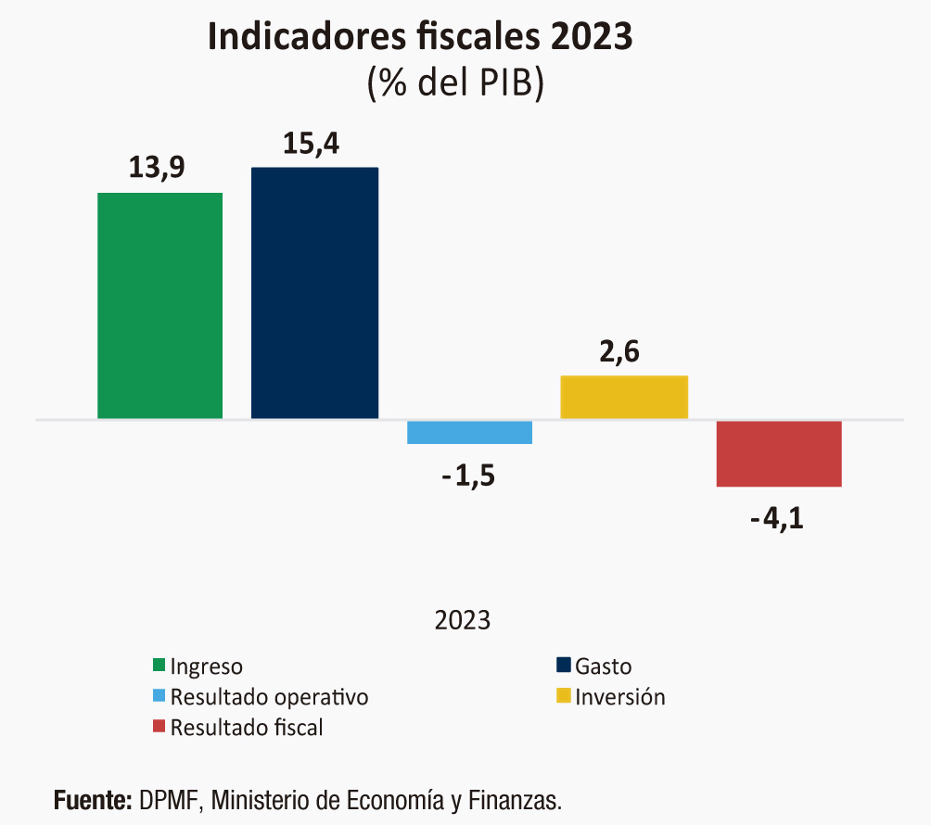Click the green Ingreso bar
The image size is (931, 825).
click(x=160, y=306)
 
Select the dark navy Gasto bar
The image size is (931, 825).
click(x=314, y=293)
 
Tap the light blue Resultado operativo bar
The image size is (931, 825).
click(x=469, y=432)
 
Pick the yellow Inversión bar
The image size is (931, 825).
click(x=624, y=397)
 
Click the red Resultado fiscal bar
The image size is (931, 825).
click(x=779, y=453)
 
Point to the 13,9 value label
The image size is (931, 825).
click(x=158, y=168)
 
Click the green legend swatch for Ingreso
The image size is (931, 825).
click(x=159, y=666)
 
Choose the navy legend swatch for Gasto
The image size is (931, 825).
click(x=563, y=666)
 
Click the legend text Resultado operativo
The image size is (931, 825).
click(x=269, y=697)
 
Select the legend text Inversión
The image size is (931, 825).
click(x=619, y=697)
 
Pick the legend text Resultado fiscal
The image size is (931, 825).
click(x=247, y=728)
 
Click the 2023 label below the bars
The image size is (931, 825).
click(x=463, y=620)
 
